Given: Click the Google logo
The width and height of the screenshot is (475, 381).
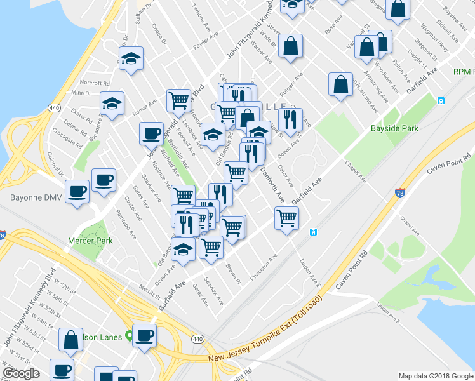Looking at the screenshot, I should [x=21, y=373].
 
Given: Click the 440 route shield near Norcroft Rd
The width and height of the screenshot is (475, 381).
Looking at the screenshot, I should [x=53, y=109].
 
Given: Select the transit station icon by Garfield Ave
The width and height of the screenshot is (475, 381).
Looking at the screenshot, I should [x=312, y=232].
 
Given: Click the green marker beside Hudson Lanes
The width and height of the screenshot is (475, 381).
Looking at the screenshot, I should [x=130, y=335].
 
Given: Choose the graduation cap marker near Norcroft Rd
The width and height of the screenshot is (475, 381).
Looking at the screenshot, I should [x=112, y=104].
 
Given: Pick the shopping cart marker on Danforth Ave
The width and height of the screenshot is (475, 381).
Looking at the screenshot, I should [x=236, y=171].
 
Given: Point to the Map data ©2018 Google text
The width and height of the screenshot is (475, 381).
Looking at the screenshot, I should [x=436, y=375].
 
